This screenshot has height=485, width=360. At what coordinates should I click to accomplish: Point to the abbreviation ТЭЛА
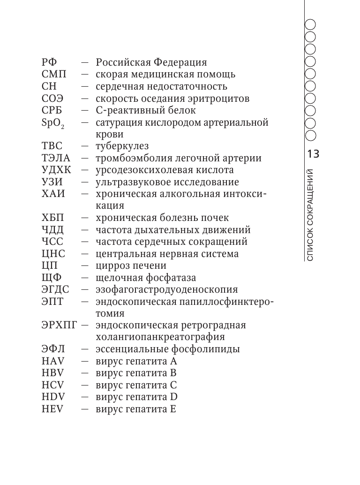[x=55, y=158]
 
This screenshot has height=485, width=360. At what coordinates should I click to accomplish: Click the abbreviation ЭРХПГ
[x=59, y=325]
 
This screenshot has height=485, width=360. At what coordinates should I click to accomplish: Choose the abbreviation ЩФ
[x=51, y=278]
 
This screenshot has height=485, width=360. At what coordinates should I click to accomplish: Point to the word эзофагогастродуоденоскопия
[x=166, y=290]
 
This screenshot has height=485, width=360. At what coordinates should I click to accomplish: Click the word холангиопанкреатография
[x=160, y=337]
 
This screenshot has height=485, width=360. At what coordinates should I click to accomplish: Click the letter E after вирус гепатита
[x=172, y=409]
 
